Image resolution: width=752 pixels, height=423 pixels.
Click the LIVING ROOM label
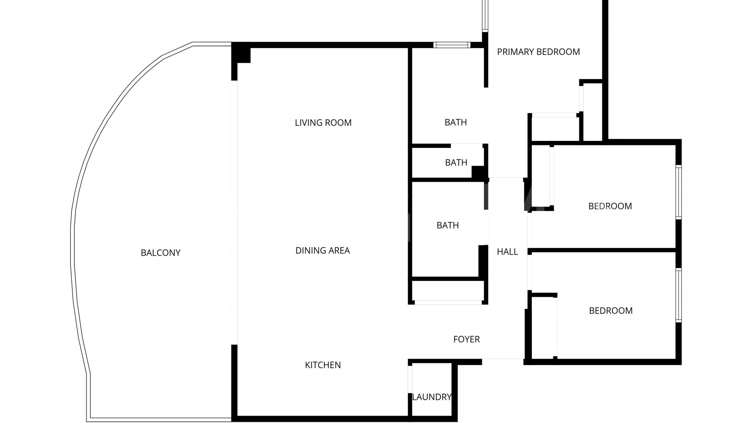pyautogui.click(x=323, y=123)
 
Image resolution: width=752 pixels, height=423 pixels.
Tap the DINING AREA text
pyautogui.click(x=322, y=251)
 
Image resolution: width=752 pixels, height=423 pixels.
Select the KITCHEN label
pyautogui.click(x=323, y=365)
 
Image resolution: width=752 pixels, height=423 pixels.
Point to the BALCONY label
pyautogui.click(x=161, y=253)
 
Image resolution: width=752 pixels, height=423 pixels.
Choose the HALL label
pyautogui.click(x=507, y=252)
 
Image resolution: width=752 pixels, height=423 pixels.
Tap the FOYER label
pyautogui.click(x=466, y=339)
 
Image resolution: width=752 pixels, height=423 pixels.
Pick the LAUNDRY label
pyautogui.click(x=432, y=397)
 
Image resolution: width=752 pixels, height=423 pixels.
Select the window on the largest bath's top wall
pyautogui.click(x=452, y=45)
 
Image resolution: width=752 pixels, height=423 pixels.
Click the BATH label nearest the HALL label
pyautogui.click(x=448, y=226)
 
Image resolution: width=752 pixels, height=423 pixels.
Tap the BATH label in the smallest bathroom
pyautogui.click(x=456, y=163)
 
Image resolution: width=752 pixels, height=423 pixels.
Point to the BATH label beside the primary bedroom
pyautogui.click(x=456, y=123)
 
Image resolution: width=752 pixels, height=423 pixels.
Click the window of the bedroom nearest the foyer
pyautogui.click(x=678, y=295)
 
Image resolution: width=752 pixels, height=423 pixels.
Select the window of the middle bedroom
pyautogui.click(x=678, y=192)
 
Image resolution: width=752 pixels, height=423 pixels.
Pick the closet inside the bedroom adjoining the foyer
pyautogui.click(x=543, y=327)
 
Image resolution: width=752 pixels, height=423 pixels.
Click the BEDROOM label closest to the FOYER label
pyautogui.click(x=611, y=311)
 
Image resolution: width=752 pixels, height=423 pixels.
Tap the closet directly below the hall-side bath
pyautogui.click(x=448, y=291)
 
